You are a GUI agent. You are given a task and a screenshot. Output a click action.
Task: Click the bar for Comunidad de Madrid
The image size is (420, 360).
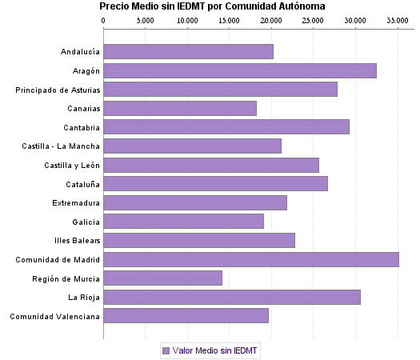pos(250,259)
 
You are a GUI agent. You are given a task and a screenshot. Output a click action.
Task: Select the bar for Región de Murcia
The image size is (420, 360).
pos(162,278)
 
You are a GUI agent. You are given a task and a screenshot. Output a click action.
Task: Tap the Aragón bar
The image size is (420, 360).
pos(239,70)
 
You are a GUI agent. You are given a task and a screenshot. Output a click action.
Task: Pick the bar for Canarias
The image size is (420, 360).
pos(180,108)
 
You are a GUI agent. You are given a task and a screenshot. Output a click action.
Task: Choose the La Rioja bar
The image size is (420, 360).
pos(231,298)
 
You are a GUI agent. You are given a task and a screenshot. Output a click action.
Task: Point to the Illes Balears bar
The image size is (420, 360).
pos(198,240)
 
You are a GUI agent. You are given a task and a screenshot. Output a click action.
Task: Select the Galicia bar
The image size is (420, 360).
pos(183,222)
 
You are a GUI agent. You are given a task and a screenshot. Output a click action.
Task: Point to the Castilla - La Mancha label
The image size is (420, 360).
pos(62,146)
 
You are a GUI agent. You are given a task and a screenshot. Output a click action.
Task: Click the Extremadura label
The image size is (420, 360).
pos(76,203)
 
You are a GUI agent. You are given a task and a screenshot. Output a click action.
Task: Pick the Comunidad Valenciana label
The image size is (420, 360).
pos(54,317)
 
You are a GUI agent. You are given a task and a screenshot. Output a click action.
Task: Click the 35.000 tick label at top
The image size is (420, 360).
pos(398,20)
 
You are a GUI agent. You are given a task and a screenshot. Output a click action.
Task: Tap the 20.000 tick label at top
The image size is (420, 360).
pos(271,20)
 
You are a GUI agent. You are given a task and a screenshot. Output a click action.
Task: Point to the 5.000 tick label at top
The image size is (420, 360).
pos(146,20)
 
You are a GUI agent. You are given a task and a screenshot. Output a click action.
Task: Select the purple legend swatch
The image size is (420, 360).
pos(166,350)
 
